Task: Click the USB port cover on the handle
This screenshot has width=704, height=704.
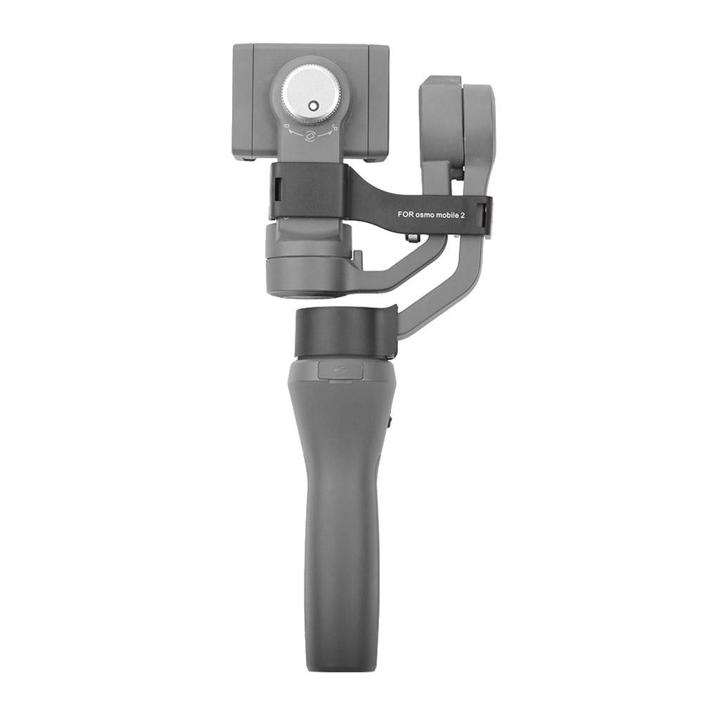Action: tap(340, 371)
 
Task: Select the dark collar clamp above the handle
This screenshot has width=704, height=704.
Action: tap(345, 332)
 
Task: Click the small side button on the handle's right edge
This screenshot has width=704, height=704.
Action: tap(390, 422)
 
